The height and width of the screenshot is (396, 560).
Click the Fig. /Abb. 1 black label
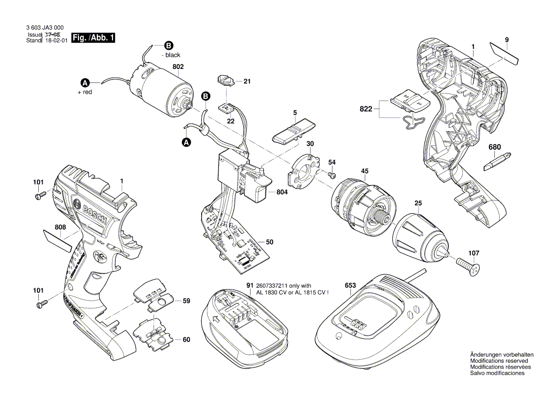(93, 38)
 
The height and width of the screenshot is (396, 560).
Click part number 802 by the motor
(178, 67)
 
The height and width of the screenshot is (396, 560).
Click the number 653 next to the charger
(350, 285)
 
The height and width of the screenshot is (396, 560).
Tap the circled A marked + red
(84, 82)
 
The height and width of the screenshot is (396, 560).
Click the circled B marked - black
(168, 46)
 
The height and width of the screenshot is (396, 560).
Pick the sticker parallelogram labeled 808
(57, 240)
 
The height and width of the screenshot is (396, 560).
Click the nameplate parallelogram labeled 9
(504, 52)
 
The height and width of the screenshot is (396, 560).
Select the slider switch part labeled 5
(292, 132)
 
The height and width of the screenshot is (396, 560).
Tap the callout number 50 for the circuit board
(270, 243)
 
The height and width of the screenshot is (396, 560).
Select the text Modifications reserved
(499, 361)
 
